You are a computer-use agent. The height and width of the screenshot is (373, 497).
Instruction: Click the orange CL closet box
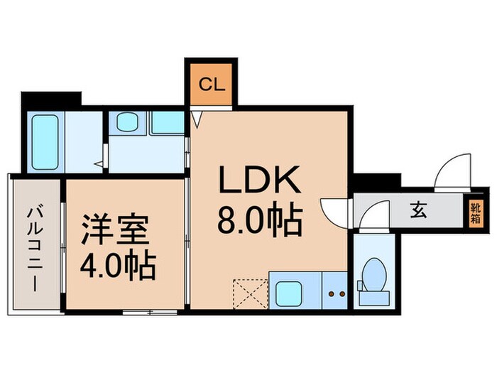[x=211, y=86]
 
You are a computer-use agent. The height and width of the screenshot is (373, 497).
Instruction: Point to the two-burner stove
[x=334, y=291]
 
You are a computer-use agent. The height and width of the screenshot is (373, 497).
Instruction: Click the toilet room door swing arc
[x=374, y=216]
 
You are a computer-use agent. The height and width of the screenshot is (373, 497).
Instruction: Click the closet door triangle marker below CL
[x=197, y=117]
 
